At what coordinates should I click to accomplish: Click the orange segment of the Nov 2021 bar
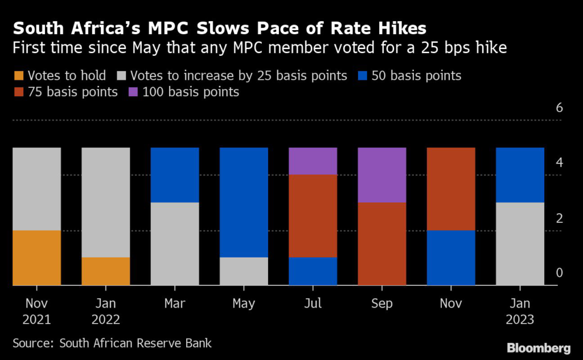point(36,257)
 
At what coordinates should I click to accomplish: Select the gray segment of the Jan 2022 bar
point(105,202)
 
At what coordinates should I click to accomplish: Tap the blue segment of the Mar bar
point(174,175)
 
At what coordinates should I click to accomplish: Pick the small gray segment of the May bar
point(244,271)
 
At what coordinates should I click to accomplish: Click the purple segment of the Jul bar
point(313,161)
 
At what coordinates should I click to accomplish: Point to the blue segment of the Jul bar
point(313,271)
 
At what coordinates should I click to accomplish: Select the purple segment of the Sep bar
point(381,175)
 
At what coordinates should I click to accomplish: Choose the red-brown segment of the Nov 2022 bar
point(451,189)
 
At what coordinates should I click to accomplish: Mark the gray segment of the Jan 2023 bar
point(520,243)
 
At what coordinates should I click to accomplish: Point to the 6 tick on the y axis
point(559,108)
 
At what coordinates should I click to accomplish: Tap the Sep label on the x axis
point(381,304)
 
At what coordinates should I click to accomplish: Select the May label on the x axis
point(244,304)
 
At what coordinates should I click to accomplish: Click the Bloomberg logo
point(539,347)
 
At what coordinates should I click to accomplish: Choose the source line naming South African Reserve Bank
point(112,343)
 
